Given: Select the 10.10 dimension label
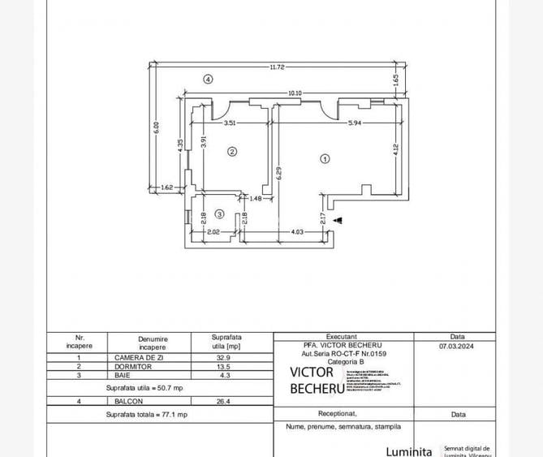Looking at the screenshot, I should (295, 93).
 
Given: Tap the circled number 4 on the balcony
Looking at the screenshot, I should (209, 80).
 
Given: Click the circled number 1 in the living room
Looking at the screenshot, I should (325, 159).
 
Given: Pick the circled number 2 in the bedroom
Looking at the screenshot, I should (231, 151).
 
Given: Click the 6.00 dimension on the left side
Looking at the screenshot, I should (157, 127).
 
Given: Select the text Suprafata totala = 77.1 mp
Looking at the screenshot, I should (146, 414).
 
